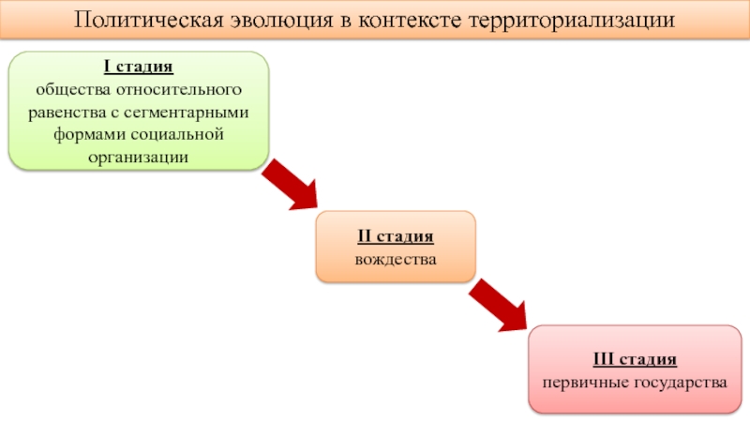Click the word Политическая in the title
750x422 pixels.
tap(149, 21)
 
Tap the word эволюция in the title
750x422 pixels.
tap(282, 21)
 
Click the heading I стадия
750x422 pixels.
tap(139, 66)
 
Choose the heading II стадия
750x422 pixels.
tap(396, 236)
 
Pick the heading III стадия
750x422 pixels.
tap(635, 359)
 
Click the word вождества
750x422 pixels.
tap(396, 260)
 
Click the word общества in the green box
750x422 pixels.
tap(73, 89)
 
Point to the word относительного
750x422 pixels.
tap(179, 89)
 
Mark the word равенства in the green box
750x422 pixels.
tap(67, 113)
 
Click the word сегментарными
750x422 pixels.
tap(186, 113)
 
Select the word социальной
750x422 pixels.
tap(177, 135)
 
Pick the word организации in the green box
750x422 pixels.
tap(138, 158)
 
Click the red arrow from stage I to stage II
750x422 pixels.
tap(291, 185)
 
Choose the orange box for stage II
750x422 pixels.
tap(396, 247)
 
